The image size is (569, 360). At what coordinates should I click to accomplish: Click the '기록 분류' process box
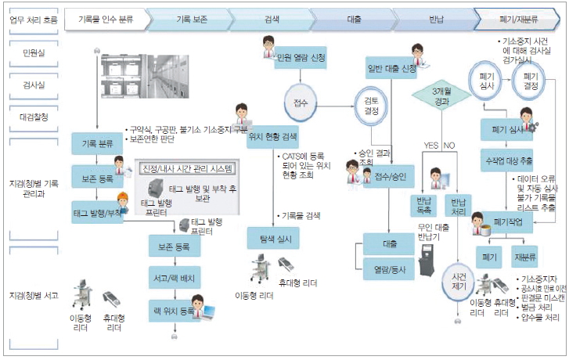(x=95, y=144)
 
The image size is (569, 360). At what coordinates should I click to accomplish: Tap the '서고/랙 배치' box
(x=176, y=279)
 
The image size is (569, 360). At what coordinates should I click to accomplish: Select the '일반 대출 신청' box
(x=391, y=67)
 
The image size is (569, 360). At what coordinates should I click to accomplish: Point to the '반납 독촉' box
(x=424, y=206)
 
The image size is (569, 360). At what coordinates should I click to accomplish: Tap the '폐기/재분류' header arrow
(x=517, y=16)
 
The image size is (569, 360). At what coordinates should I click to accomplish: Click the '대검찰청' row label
(x=31, y=117)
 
